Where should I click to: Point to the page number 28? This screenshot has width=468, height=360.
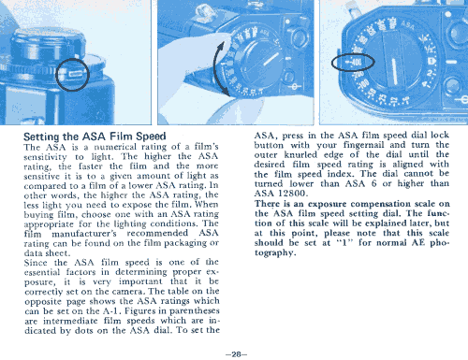click(x=236, y=354)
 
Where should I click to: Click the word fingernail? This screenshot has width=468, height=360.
click(x=363, y=145)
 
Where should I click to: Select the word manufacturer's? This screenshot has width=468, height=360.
click(x=84, y=234)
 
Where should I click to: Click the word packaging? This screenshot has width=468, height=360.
click(x=184, y=243)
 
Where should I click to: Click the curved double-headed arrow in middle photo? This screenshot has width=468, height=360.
click(x=215, y=68)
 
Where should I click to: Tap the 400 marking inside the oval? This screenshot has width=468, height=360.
click(x=356, y=63)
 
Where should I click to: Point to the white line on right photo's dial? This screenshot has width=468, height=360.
click(x=394, y=71)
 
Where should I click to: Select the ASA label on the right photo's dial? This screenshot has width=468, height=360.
click(x=408, y=25)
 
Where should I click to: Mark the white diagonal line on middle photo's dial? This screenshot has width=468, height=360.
click(x=271, y=59)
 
